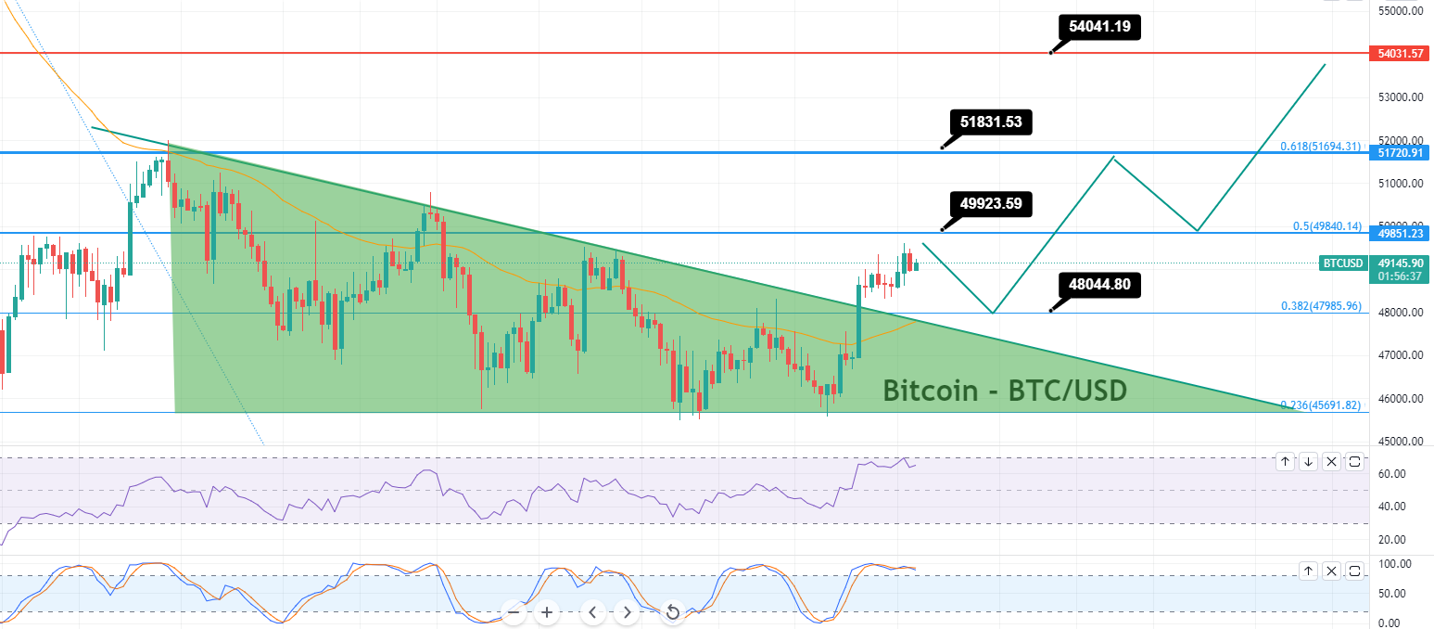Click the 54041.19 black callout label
click(x=1098, y=27)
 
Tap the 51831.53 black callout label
click(x=991, y=122)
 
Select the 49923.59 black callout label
click(x=991, y=203)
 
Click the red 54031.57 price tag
click(x=1401, y=54)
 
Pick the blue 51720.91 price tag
click(x=1401, y=152)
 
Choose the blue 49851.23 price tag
click(x=1401, y=233)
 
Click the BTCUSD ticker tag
click(x=1341, y=263)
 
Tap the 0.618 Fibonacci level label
click(x=1321, y=147)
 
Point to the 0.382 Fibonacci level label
click(x=1321, y=305)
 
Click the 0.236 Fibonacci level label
click(x=1321, y=405)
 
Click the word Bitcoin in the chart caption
click(x=929, y=391)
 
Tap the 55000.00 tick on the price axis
click(x=1401, y=10)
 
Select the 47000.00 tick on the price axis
click(x=1401, y=355)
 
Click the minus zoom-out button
click(x=514, y=612)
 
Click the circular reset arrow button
click(x=673, y=612)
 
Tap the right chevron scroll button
click(x=628, y=612)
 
